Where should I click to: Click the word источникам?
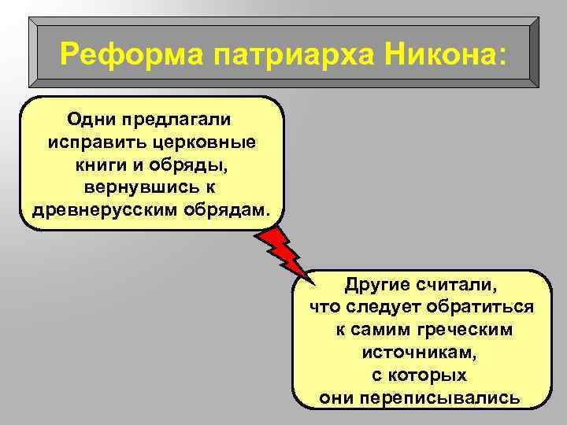pos(421,352)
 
